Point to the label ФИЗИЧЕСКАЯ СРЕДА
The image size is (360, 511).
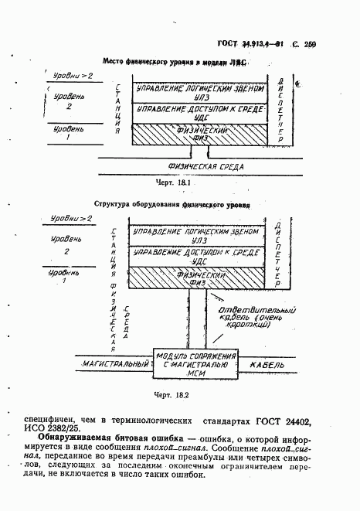pos(205,167)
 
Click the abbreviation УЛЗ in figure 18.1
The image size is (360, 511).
pos(202,98)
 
